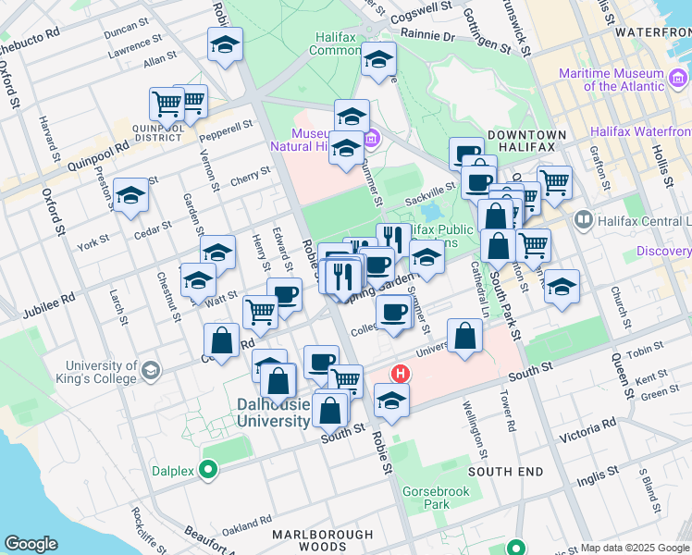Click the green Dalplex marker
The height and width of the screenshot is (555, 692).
tap(208, 471)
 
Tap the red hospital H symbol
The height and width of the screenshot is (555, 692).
tap(401, 374)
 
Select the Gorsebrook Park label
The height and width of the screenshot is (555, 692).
tap(424, 498)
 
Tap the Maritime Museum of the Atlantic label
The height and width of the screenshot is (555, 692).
tap(611, 80)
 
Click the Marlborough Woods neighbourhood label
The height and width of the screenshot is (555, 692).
tap(323, 541)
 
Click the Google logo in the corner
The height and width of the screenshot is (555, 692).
tap(31, 544)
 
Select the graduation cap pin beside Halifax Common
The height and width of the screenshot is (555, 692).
tap(378, 59)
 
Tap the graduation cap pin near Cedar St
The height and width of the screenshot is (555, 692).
tap(131, 195)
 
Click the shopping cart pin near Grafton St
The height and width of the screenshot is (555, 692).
tap(555, 181)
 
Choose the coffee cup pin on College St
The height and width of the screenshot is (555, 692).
tap(393, 311)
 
